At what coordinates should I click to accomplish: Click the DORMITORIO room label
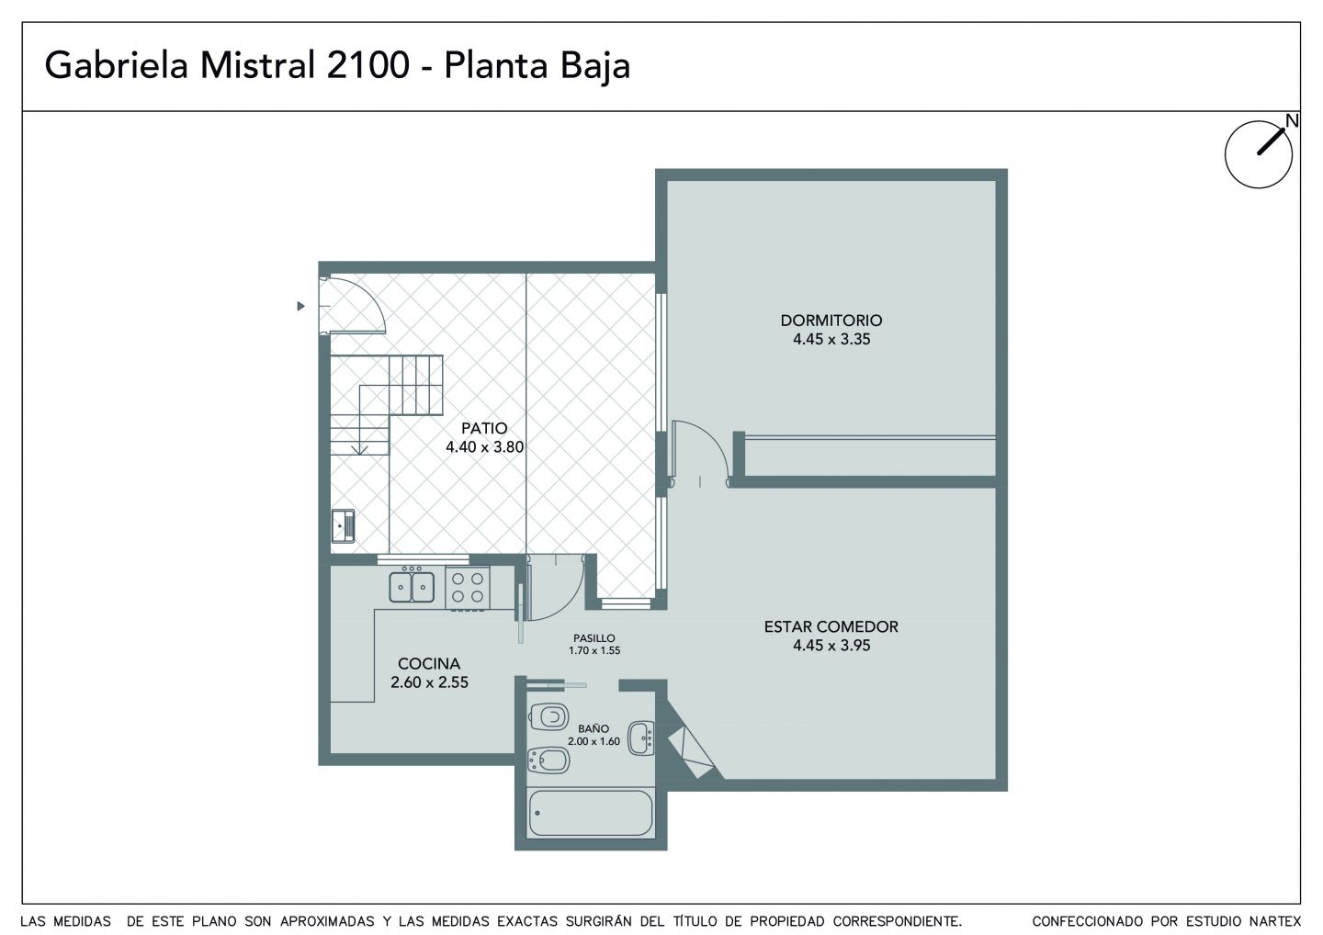831,321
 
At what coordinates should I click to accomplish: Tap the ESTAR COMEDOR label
831,627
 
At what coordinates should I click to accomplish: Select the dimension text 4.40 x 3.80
484,447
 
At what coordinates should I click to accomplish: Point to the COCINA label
429,663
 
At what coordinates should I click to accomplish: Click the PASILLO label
594,638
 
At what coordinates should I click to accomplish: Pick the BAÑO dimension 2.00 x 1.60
594,741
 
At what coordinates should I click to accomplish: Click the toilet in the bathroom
548,717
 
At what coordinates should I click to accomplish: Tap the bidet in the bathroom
548,760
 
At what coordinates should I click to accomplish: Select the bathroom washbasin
641,738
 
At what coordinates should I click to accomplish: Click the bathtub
591,814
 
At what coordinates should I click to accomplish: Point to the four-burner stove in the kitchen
467,588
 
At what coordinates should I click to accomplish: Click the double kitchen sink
412,587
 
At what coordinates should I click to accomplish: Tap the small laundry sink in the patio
343,526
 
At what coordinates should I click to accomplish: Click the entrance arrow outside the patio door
300,306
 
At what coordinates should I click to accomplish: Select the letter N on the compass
1293,121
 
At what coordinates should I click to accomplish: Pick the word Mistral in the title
257,65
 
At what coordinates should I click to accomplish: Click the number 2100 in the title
367,65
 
